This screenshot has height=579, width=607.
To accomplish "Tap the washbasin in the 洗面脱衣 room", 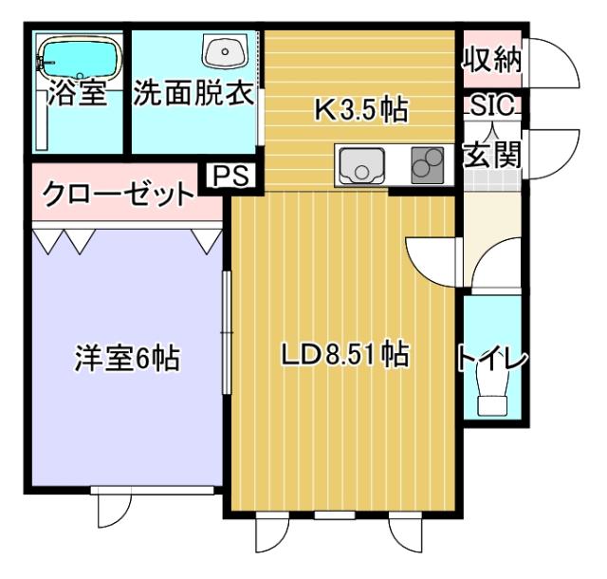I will click(x=227, y=48).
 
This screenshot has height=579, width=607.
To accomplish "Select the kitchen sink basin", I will click(x=360, y=168).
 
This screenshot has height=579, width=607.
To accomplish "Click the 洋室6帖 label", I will click(x=128, y=360).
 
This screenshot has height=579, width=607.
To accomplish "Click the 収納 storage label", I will click(x=491, y=61).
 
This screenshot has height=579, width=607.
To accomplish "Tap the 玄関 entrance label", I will click(x=492, y=154).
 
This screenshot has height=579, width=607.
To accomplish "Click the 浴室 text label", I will click(x=78, y=96).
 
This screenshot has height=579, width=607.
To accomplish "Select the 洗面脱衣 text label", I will click(x=193, y=96).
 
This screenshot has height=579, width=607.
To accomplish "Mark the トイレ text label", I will click(x=491, y=359).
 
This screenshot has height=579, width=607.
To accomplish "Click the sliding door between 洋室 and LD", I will click(x=226, y=332).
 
